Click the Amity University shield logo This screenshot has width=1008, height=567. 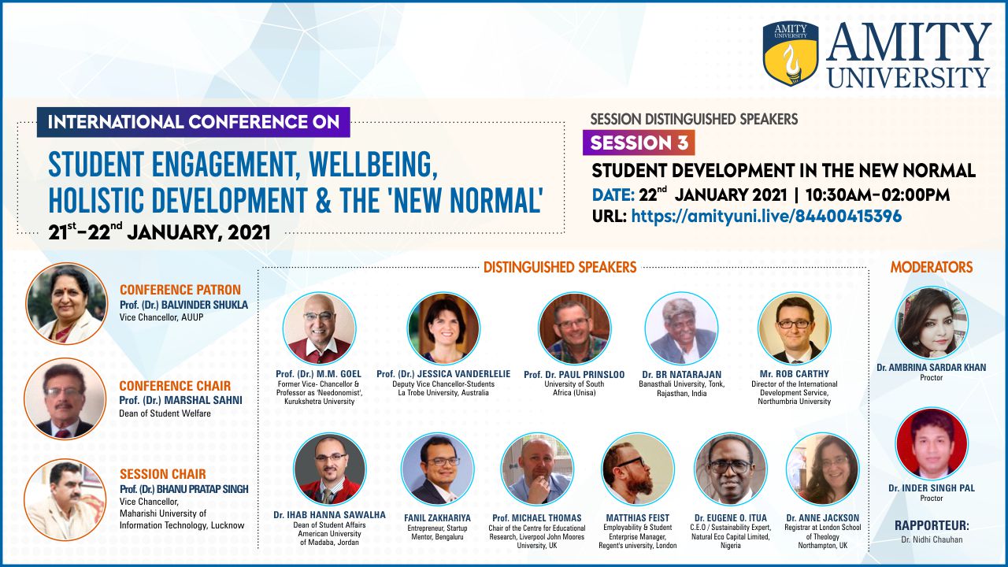point(791,53)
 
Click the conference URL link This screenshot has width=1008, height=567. point(766,216)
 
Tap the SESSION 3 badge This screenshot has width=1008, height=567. point(639,143)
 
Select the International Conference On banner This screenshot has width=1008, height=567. point(194,122)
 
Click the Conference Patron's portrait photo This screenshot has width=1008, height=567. point(67,303)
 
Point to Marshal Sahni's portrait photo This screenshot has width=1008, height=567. point(65,398)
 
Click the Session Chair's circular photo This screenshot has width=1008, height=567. point(65,499)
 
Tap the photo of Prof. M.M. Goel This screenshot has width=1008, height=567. point(320,328)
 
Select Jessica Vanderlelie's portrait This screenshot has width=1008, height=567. point(443,328)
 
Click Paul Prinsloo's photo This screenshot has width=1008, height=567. point(575,328)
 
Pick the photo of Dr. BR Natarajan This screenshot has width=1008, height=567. point(681,328)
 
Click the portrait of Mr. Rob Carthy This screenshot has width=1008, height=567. point(795,328)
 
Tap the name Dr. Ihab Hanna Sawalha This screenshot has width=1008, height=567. point(329,515)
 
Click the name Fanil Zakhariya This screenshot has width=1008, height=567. point(437,518)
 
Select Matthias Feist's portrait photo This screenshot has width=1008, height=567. point(638,469)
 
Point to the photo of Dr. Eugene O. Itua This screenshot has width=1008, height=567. point(730,469)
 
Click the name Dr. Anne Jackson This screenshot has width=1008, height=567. point(823,518)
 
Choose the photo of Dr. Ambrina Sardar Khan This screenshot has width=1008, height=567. point(932,323)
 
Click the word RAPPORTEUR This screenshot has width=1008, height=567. point(932,525)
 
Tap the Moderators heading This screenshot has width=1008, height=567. point(932,267)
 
